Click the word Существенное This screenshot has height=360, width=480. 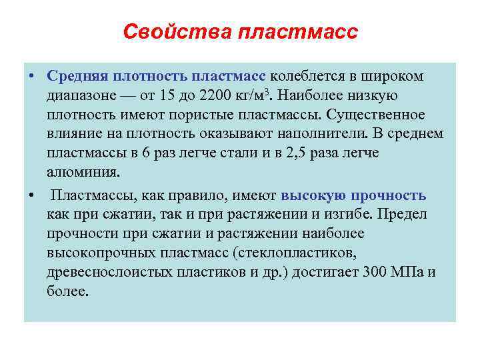(x=374, y=115)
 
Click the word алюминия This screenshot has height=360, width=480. (x=85, y=173)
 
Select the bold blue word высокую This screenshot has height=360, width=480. (x=313, y=196)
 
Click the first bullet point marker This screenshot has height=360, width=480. (x=31, y=77)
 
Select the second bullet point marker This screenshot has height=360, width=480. (x=31, y=196)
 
